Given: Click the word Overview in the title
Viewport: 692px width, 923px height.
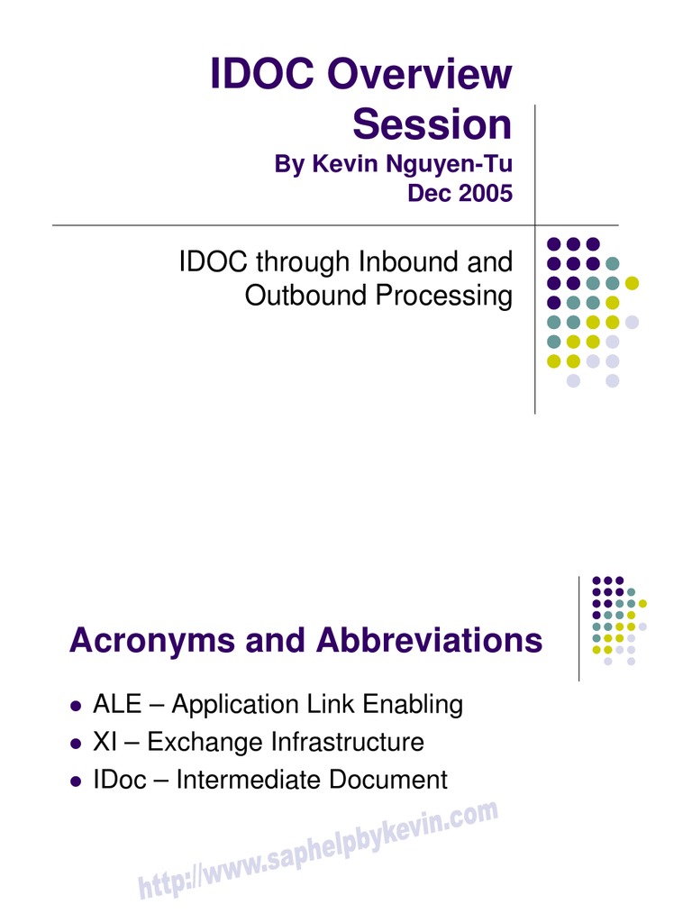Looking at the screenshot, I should [x=421, y=75].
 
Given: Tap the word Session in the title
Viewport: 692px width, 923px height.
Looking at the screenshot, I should [x=432, y=124].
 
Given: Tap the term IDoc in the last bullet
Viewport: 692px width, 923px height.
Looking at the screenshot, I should [x=119, y=780].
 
